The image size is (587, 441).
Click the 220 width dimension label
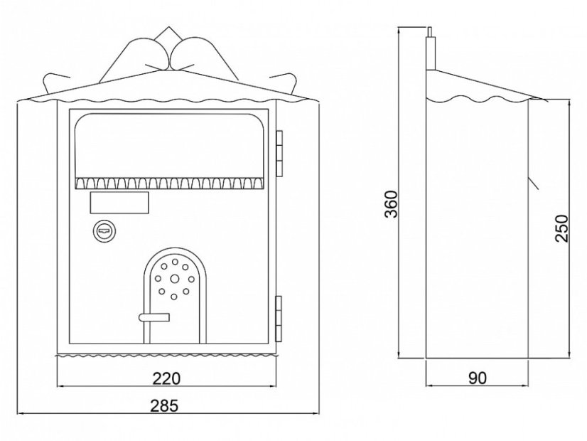[166, 378]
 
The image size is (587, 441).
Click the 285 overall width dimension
[164, 405]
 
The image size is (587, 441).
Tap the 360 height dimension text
[392, 204]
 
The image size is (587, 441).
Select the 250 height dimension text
[561, 228]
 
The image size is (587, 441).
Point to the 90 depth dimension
[478, 378]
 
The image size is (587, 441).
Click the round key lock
[103, 230]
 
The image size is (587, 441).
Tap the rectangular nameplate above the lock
[119, 203]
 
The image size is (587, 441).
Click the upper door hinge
[279, 153]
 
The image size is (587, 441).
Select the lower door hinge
[279, 319]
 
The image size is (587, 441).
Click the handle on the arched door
[154, 317]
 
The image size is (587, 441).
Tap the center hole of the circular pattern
[174, 278]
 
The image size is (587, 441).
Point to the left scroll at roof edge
[54, 83]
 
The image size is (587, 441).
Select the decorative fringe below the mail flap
[170, 184]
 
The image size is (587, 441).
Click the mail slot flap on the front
[170, 145]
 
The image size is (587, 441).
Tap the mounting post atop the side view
[431, 48]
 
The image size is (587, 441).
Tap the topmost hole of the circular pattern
[174, 262]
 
